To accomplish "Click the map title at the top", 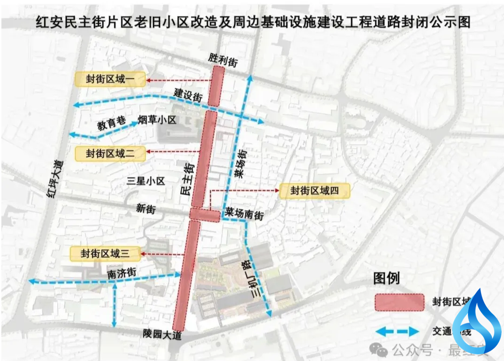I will pos(253,21).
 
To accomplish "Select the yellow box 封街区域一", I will pos(110,80).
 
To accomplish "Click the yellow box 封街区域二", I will pos(110,153).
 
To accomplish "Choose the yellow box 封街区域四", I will pos(313,191).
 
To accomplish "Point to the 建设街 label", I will pos(188,95).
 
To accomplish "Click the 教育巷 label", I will pos(112,124).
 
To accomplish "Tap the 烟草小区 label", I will pos(156,120).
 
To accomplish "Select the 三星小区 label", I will pos(146,181).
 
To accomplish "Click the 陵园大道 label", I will pos(162,334).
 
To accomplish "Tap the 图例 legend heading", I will pos(386,278).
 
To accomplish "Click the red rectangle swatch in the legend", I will pos(399,302).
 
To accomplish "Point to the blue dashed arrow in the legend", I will pos(397,332).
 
